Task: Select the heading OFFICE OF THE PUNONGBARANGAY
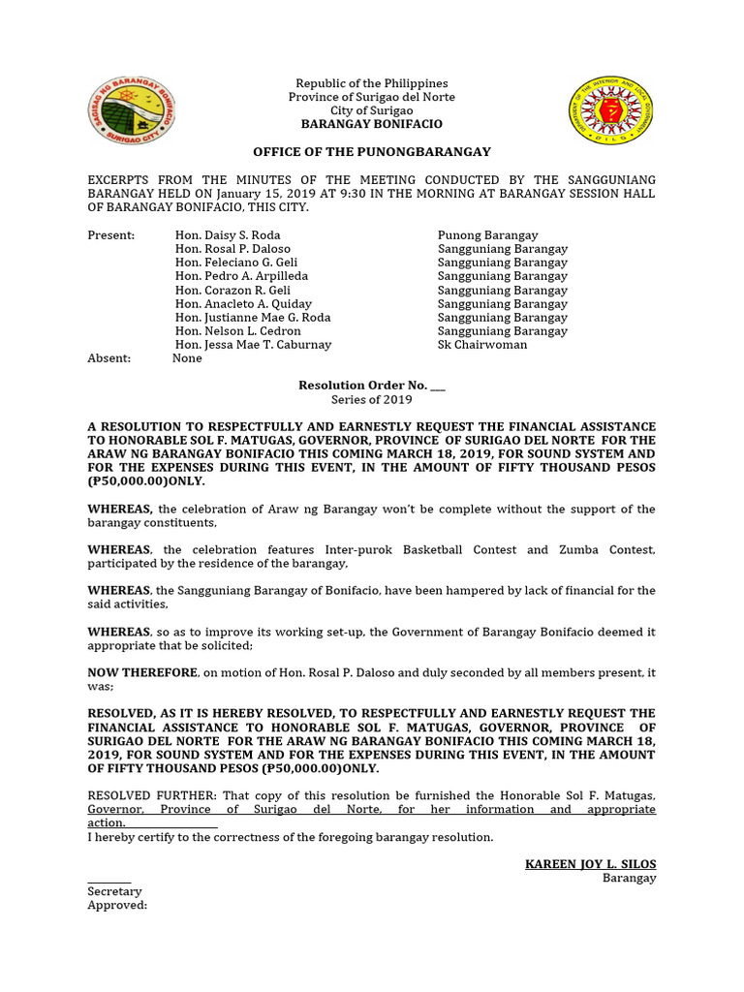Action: [x=372, y=152]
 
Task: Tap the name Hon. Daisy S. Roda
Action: [x=228, y=235]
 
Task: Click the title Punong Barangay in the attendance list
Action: [x=487, y=235]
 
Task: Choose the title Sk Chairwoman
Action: [x=482, y=345]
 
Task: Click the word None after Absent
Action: [x=187, y=358]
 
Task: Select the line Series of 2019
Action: [x=372, y=399]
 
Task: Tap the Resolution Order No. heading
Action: [x=372, y=386]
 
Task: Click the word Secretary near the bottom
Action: [x=114, y=891]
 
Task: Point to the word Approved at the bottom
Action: [x=117, y=905]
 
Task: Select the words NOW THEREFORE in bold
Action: [x=143, y=672]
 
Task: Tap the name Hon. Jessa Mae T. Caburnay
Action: [x=253, y=345]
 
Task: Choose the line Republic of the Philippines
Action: [x=372, y=84]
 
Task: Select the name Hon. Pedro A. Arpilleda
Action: [x=241, y=276]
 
